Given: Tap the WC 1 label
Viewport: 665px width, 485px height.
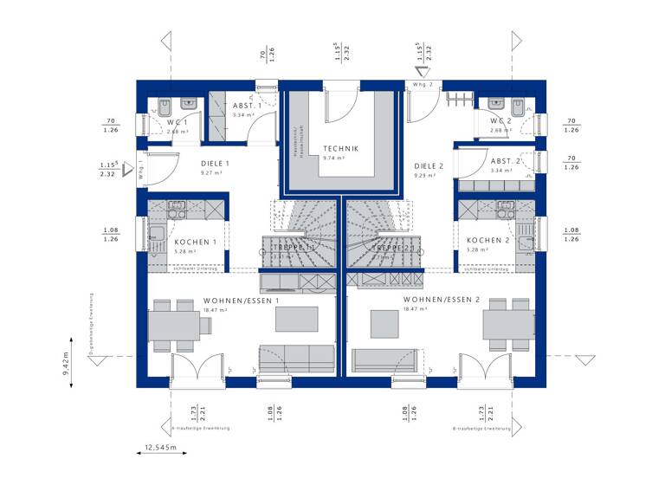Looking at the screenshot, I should click(x=178, y=122).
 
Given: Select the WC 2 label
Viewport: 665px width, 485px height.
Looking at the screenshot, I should click(x=501, y=120).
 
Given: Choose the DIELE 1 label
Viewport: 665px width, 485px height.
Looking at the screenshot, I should click(x=215, y=164).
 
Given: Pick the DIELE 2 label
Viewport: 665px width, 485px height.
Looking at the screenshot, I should click(x=429, y=165).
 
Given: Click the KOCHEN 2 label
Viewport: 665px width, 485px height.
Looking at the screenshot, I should click(x=486, y=240).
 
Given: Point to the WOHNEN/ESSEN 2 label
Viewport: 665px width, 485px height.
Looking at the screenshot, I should click(x=441, y=300).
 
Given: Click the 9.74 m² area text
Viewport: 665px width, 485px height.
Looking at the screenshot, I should click(x=333, y=158).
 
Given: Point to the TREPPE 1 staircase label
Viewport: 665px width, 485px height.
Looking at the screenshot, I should click(x=294, y=248).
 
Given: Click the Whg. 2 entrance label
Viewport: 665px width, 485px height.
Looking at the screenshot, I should click(x=423, y=85).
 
